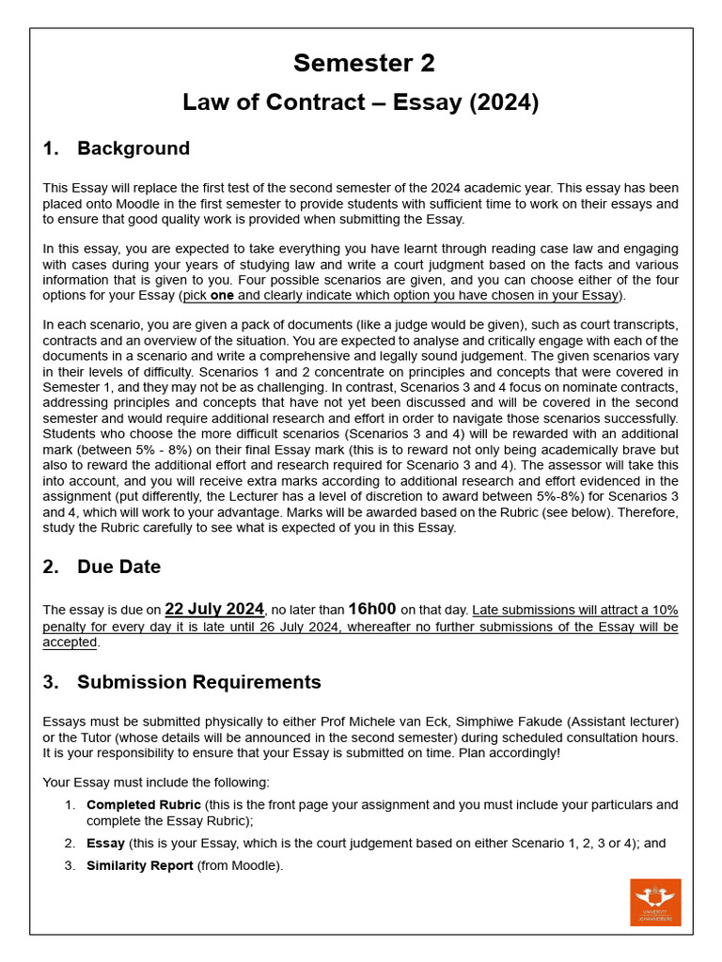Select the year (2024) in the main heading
[x=504, y=102]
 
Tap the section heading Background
[x=133, y=148]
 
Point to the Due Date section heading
[x=118, y=566]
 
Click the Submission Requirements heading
[x=198, y=682]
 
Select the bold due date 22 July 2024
[x=215, y=609]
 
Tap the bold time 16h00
[x=372, y=609]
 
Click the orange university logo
[x=655, y=902]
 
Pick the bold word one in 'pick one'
[x=222, y=296]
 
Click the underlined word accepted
[x=70, y=643]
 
